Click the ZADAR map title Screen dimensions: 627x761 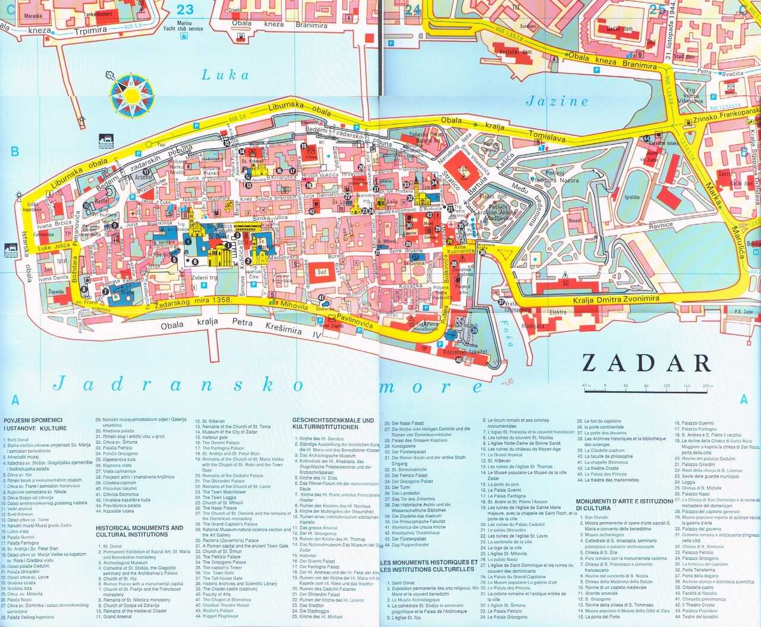click(x=646, y=363)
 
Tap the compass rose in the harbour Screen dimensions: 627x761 click(x=131, y=95)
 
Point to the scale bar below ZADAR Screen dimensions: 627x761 click(x=647, y=389)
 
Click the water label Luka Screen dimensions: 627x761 click(x=225, y=75)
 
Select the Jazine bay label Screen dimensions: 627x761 click(x=557, y=102)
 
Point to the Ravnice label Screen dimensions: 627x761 click(x=661, y=225)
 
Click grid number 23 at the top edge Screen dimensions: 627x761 click(x=185, y=9)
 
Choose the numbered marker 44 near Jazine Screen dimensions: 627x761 click(x=646, y=139)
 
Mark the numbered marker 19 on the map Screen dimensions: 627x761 click(x=303, y=146)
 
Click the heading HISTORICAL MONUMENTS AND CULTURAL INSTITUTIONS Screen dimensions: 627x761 click(x=140, y=531)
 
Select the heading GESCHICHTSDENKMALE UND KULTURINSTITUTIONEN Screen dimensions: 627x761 click(x=333, y=424)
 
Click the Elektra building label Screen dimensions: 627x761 click(x=558, y=312)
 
